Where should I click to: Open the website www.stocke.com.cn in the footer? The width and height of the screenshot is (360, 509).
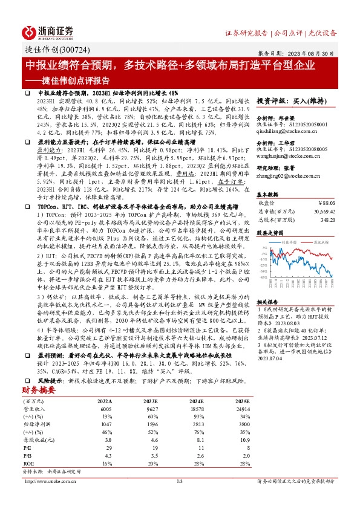coord(48,481)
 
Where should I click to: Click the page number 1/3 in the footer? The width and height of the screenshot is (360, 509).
coord(179,481)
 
